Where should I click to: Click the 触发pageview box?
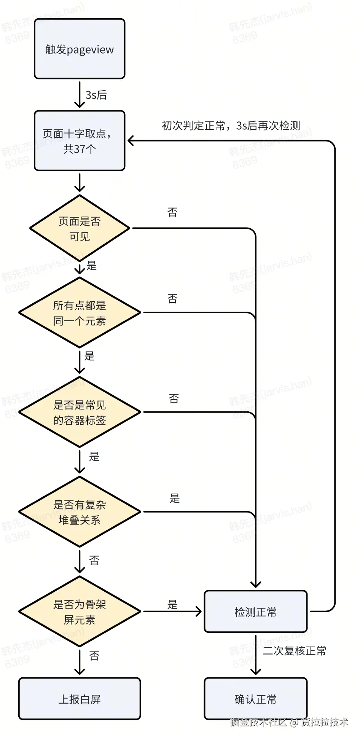tap(80, 49)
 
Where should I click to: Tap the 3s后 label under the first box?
tap(96, 95)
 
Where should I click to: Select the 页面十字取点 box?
tap(80, 141)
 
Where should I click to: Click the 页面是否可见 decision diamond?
tap(80, 228)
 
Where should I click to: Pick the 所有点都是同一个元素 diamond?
tap(80, 313)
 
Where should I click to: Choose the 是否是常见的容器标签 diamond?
tap(80, 412)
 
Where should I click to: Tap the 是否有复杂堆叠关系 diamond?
tap(80, 512)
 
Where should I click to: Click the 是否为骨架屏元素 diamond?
tap(80, 612)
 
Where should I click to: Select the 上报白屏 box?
tap(80, 699)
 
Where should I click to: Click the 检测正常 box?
tap(255, 612)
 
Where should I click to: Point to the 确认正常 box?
tap(255, 699)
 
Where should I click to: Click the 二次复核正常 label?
tap(295, 651)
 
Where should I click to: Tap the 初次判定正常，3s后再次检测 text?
tap(231, 126)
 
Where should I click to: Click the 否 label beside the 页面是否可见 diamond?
tap(172, 212)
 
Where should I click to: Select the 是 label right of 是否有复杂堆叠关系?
tap(174, 498)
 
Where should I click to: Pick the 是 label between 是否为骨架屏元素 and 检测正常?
tap(172, 604)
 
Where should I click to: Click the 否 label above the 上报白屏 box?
tap(94, 656)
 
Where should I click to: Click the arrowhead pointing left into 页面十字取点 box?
tap(131, 141)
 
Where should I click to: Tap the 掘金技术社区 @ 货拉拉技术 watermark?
tap(289, 722)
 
